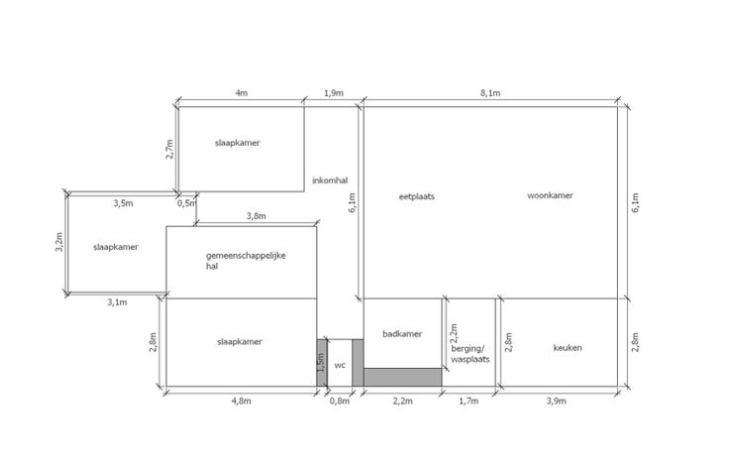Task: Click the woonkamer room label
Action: pos(550,195)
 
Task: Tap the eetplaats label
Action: pos(417,196)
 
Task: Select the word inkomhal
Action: pos(330,180)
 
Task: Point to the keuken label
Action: pos(568,348)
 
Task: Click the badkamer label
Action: pos(402,334)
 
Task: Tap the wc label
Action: pos(340,366)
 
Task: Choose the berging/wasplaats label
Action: pos(470,354)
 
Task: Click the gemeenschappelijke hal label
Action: pos(246,261)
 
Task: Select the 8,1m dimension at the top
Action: pos(490,93)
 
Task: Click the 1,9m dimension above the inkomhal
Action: pos(334,93)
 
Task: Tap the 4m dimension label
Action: pos(241,92)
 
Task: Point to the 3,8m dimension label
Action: pos(257,216)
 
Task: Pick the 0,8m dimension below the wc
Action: pos(340,401)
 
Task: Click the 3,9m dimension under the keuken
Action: pos(556,401)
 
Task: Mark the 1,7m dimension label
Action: pos(469,401)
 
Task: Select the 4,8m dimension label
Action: pos(241,401)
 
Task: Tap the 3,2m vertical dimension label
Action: pos(59,242)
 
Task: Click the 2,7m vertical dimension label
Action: pos(169,149)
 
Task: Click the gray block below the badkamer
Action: pos(402,377)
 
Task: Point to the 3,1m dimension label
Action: pos(117,302)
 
